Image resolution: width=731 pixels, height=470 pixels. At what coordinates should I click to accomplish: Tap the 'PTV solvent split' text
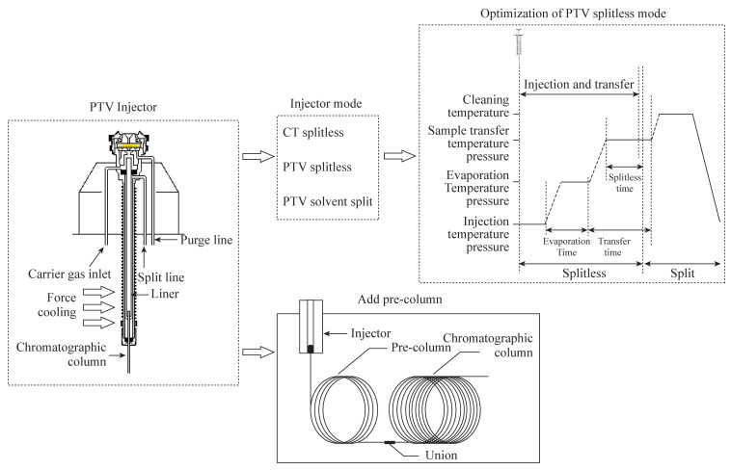tap(328, 200)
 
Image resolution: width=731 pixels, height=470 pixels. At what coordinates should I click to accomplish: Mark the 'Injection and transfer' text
tap(579, 85)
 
